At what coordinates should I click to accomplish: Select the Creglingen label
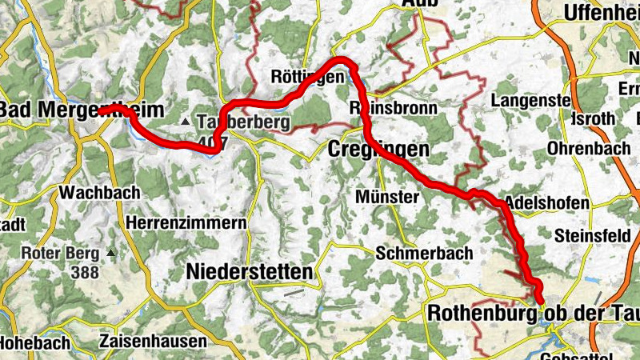pyautogui.click(x=379, y=150)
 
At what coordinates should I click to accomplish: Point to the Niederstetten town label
pyautogui.click(x=249, y=272)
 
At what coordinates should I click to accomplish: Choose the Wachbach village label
pyautogui.click(x=99, y=193)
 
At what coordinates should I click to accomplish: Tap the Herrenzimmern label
pyautogui.click(x=186, y=223)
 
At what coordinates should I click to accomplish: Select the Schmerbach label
pyautogui.click(x=425, y=254)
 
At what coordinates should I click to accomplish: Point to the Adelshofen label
pyautogui.click(x=547, y=203)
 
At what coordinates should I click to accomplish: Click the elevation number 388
pyautogui.click(x=86, y=273)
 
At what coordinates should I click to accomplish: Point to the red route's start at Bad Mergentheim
pyautogui.click(x=104, y=110)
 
